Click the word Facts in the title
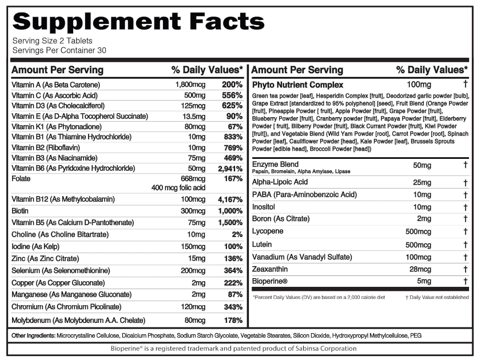point(226,21)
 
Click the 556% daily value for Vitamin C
point(232,95)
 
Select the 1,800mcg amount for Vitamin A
point(190,85)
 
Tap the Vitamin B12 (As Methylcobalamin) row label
point(63,199)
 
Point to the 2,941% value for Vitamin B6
point(230,169)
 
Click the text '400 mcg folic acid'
point(178,188)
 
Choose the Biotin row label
point(20,211)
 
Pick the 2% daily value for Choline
point(237,235)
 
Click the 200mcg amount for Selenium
point(193,270)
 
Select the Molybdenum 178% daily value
point(233,321)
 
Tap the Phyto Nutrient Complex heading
point(297,85)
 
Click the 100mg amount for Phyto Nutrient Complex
point(419,85)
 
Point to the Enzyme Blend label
point(275,164)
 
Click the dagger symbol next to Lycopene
point(466,231)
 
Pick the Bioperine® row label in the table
point(269,281)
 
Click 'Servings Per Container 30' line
point(59,50)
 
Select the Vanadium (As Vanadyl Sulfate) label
point(302,257)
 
